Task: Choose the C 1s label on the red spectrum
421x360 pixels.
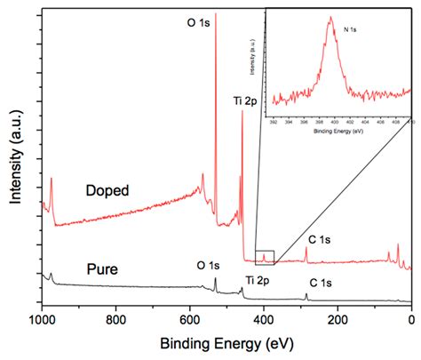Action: [321, 238]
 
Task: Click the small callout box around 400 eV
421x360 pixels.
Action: [265, 258]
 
